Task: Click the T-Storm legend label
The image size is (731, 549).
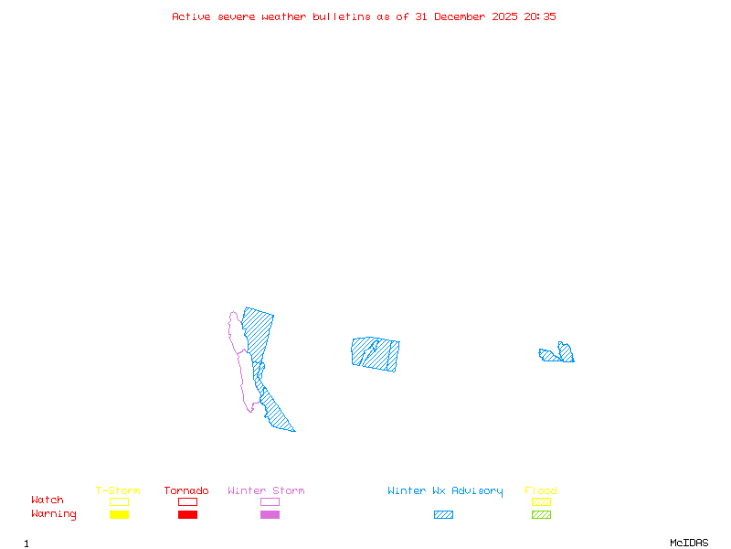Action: [x=118, y=491]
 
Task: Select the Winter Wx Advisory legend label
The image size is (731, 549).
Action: [x=445, y=491]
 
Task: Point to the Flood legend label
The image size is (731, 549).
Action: [x=541, y=491]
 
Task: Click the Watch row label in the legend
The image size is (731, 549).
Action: [x=48, y=501]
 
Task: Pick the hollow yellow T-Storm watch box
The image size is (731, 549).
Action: [x=119, y=501]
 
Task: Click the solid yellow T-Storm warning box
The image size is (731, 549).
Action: [x=119, y=515]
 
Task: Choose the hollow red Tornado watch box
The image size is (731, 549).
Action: [x=187, y=501]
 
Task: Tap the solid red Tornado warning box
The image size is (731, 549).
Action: [x=187, y=515]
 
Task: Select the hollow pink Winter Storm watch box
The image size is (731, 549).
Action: [x=270, y=501]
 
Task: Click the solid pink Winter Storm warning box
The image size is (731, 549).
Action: [x=270, y=515]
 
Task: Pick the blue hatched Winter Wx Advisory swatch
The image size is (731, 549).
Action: [x=443, y=515]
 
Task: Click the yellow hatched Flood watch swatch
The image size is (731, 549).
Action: [x=541, y=501]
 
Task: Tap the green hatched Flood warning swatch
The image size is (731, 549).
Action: [x=541, y=515]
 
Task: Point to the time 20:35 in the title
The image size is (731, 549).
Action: [x=539, y=17]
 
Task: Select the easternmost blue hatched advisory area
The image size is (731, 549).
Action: [x=559, y=354]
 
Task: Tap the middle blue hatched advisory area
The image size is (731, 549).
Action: [x=375, y=353]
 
